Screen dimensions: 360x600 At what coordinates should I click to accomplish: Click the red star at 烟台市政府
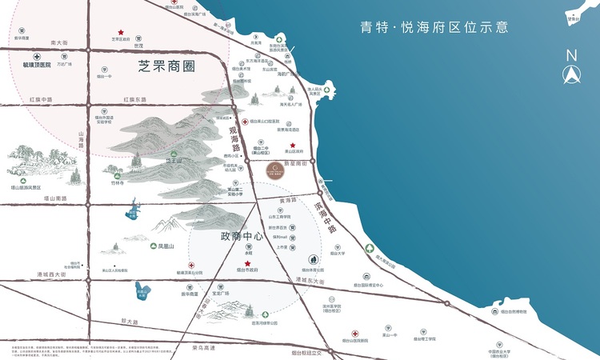coord(248,264)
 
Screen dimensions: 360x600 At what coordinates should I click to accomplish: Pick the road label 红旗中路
coord(40,99)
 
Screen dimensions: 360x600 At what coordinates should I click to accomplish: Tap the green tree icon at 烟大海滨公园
coord(369,249)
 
